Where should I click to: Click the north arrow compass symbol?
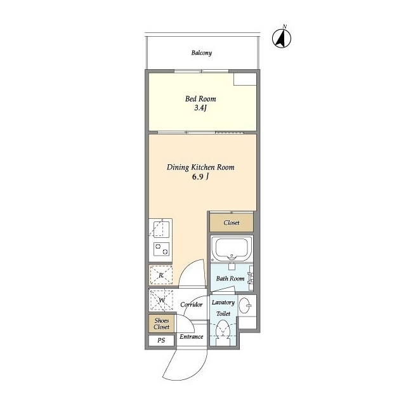(282, 38)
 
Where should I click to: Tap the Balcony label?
(202, 53)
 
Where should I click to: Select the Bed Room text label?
(200, 99)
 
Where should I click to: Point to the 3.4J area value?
(200, 108)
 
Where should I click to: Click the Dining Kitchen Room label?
(200, 167)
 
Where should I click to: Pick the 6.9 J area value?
(200, 177)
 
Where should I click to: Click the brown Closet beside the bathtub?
(231, 223)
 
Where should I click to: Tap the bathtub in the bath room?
(232, 249)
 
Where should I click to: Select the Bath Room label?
(230, 278)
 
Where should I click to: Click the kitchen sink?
(160, 229)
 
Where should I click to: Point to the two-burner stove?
(161, 249)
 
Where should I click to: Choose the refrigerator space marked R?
(160, 275)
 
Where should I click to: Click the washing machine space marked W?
(162, 300)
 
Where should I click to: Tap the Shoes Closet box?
(161, 324)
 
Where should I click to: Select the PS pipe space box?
(161, 340)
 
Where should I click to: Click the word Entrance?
(192, 337)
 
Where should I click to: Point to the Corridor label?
(192, 304)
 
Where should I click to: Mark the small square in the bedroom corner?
(245, 79)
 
